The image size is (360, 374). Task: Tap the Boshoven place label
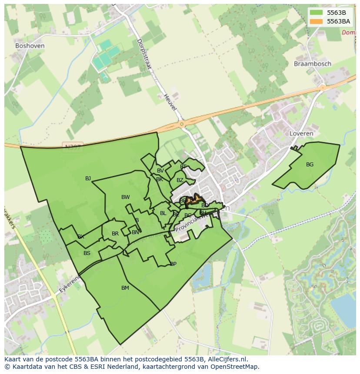[x=30, y=46]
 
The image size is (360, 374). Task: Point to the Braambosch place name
[x=312, y=64]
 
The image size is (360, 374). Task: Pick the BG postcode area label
[x=310, y=165]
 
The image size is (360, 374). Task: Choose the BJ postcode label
[x=88, y=179]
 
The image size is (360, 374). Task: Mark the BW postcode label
[x=126, y=197]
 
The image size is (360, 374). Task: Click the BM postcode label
[x=125, y=288]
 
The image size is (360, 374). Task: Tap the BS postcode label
[x=87, y=253]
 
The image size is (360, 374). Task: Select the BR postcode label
[x=115, y=234]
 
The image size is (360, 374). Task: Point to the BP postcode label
[x=173, y=264]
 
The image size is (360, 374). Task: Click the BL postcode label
[x=163, y=213]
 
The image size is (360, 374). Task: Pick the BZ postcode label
[x=180, y=180]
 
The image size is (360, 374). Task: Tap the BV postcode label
[x=160, y=171]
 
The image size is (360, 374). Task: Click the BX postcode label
[x=81, y=237]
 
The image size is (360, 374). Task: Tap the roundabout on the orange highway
[x=182, y=124]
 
